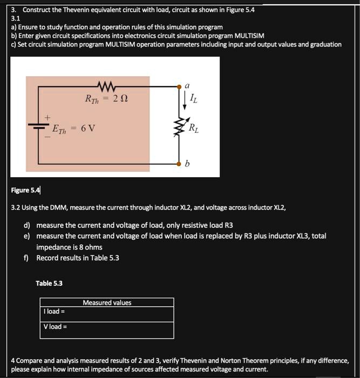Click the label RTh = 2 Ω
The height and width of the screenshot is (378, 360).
[x=106, y=100]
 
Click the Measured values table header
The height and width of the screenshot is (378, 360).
[x=107, y=302]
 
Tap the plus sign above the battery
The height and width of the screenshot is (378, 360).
[x=47, y=117]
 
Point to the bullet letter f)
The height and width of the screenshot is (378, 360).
[x=26, y=258]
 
